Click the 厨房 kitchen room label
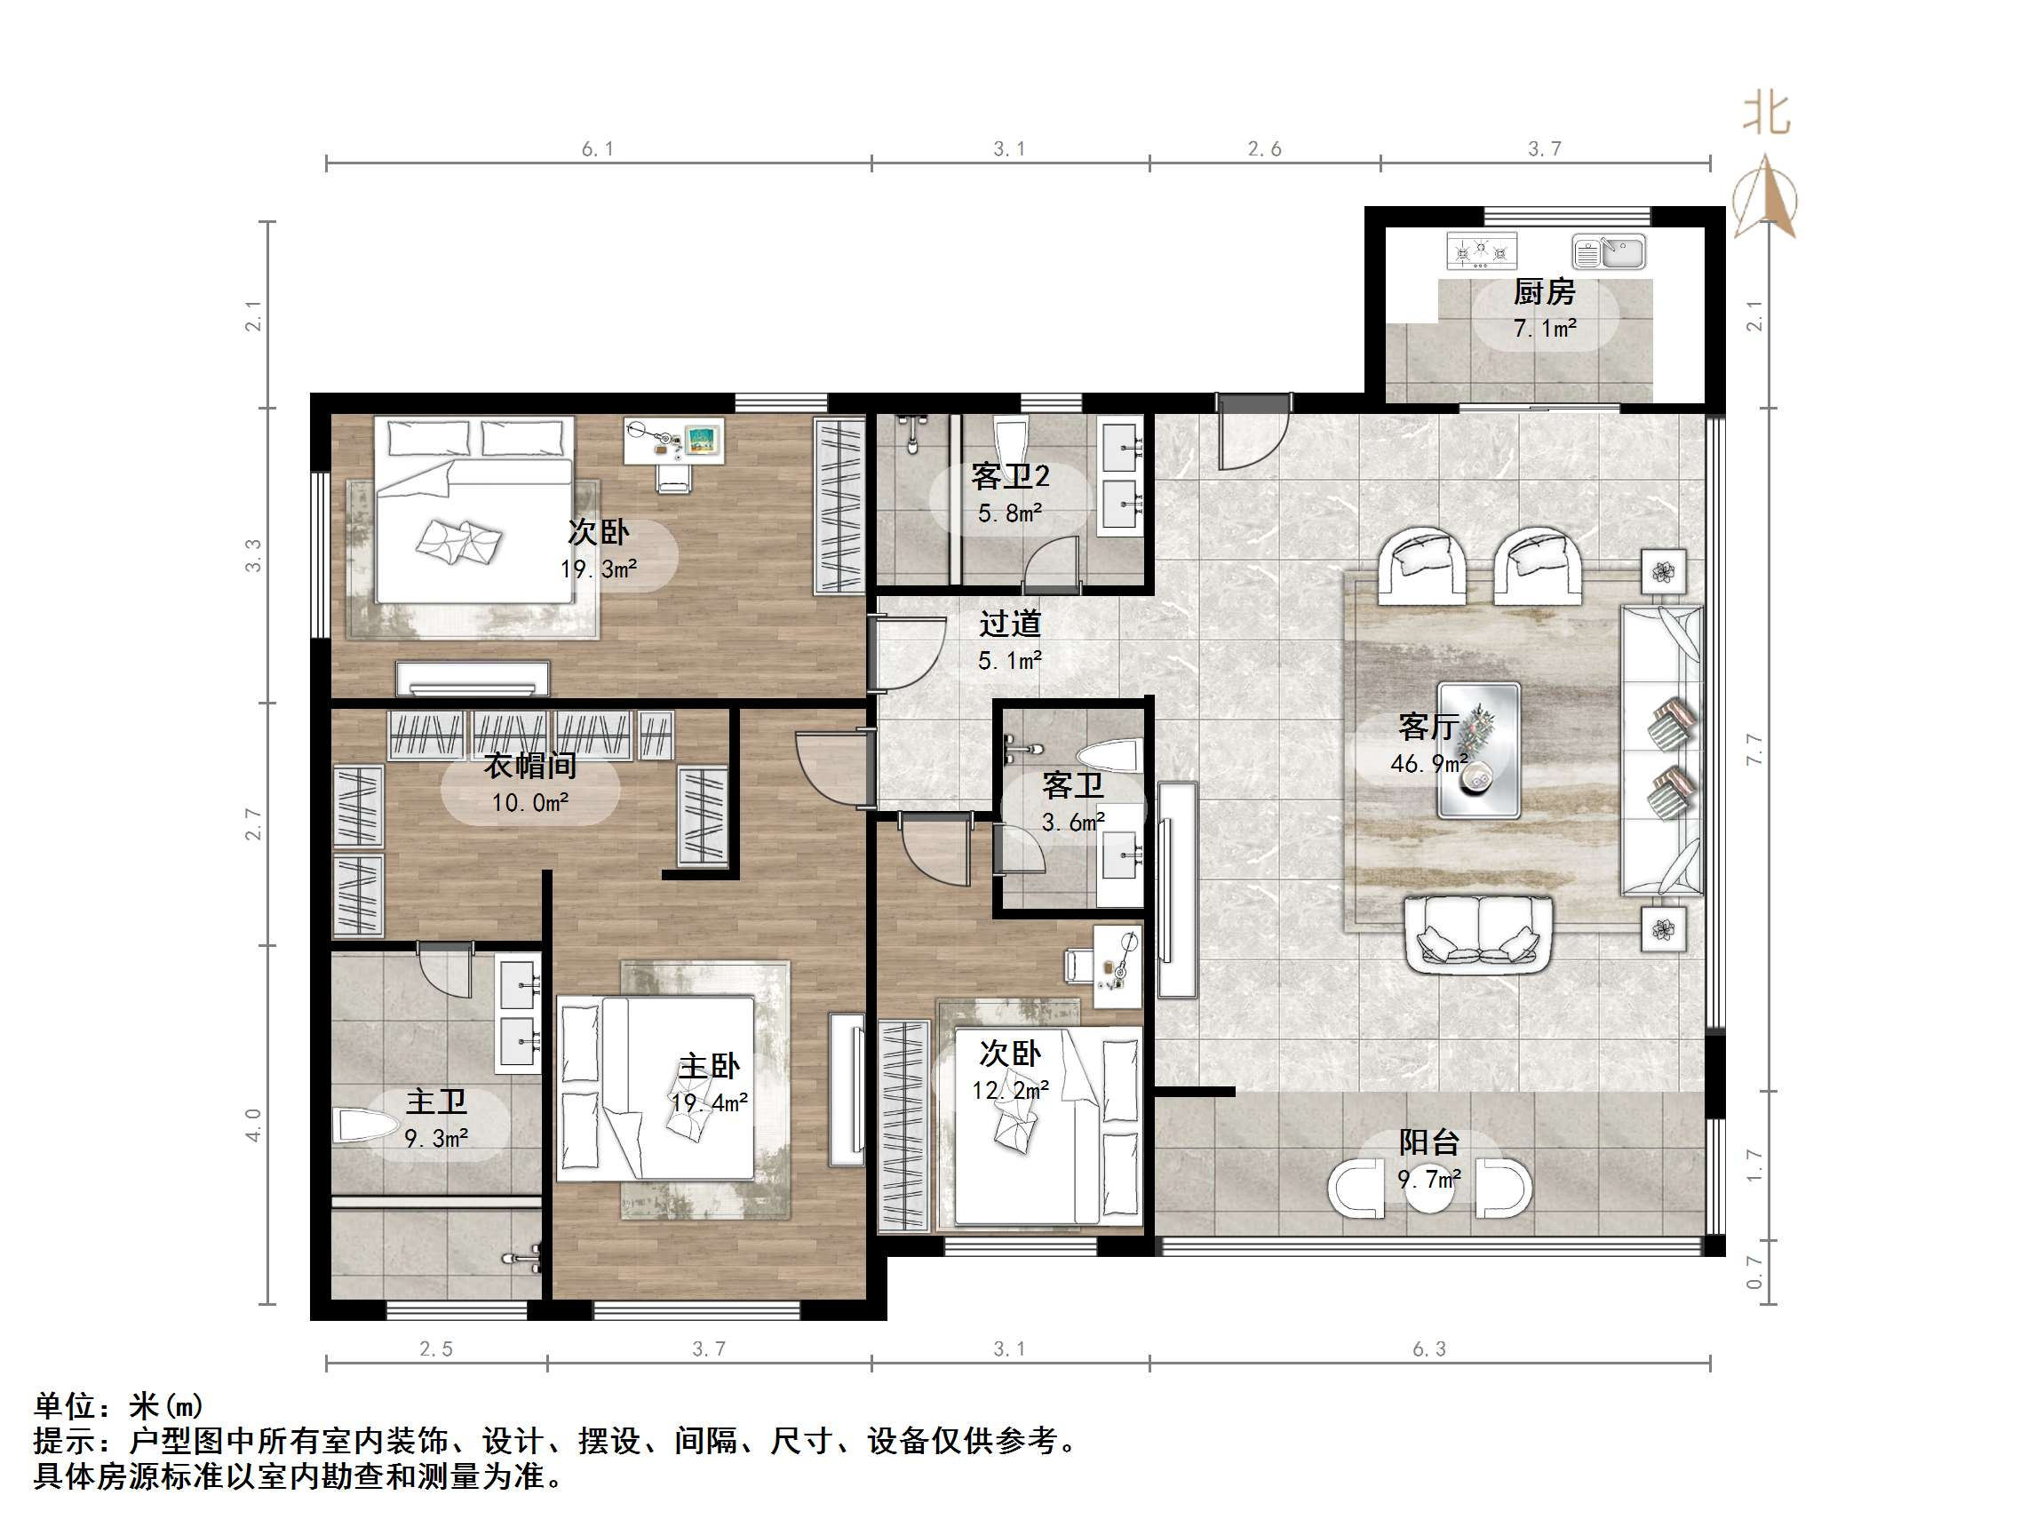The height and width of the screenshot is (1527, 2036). click(1544, 293)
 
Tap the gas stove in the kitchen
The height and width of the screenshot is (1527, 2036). click(1481, 251)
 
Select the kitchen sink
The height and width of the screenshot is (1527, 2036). click(1608, 251)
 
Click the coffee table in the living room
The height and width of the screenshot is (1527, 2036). click(1478, 749)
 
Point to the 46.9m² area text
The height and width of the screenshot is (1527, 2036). click(1428, 763)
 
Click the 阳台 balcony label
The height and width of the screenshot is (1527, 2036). click(1428, 1141)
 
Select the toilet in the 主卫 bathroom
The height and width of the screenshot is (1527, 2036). click(364, 1125)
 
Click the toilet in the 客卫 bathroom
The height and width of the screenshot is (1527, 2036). click(1110, 757)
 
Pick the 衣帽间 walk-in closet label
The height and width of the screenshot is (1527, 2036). click(530, 765)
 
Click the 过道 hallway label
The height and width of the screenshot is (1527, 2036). click(1010, 624)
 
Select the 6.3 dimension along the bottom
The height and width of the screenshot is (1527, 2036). click(1428, 1349)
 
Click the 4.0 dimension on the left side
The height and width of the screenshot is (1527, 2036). click(254, 1125)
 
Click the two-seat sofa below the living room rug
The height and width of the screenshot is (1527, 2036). click(1478, 935)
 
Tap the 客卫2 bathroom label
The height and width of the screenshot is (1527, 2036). click(1010, 477)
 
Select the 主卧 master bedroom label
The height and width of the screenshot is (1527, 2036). click(709, 1066)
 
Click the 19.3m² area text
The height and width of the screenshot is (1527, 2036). click(599, 569)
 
